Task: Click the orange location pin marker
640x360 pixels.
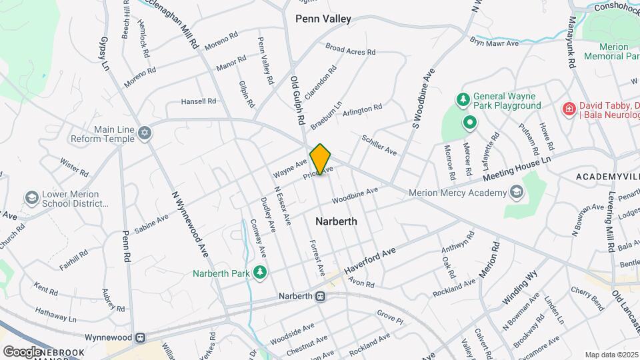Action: [x=321, y=159]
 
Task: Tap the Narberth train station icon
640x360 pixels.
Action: [x=321, y=296]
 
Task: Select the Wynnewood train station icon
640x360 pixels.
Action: [x=140, y=337]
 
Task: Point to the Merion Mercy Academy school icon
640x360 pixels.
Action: [x=515, y=193]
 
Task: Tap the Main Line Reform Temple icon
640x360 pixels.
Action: [x=145, y=134]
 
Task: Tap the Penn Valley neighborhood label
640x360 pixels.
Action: [x=323, y=19]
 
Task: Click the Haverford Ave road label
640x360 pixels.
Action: [x=370, y=260]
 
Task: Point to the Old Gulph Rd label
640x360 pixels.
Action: [x=297, y=102]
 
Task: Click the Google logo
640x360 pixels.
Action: [x=22, y=351]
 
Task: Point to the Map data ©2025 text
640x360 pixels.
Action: [x=611, y=355]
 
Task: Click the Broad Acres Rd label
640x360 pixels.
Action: [x=351, y=49]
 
